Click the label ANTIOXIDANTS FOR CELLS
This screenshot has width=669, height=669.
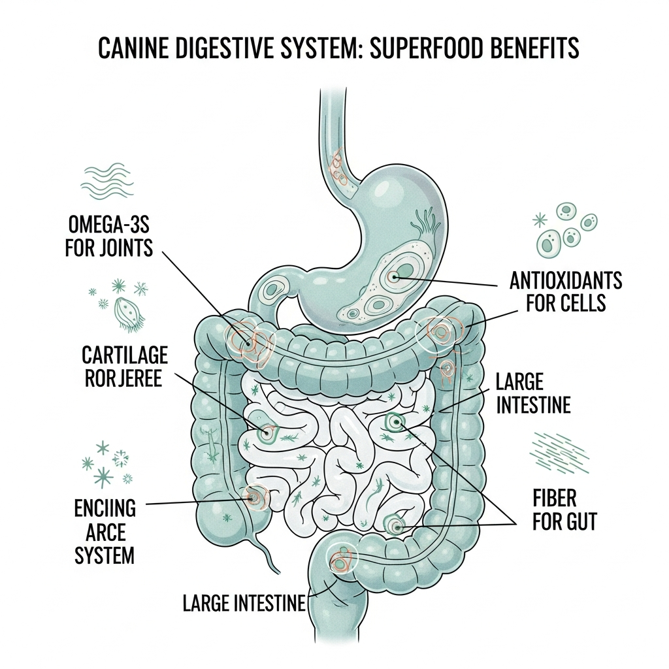pyautogui.click(x=565, y=292)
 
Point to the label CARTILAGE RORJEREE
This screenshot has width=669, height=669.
pyautogui.click(x=125, y=367)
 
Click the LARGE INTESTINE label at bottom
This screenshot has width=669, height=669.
pyautogui.click(x=244, y=603)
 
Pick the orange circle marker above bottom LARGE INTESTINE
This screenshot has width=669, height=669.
pyautogui.click(x=341, y=560)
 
